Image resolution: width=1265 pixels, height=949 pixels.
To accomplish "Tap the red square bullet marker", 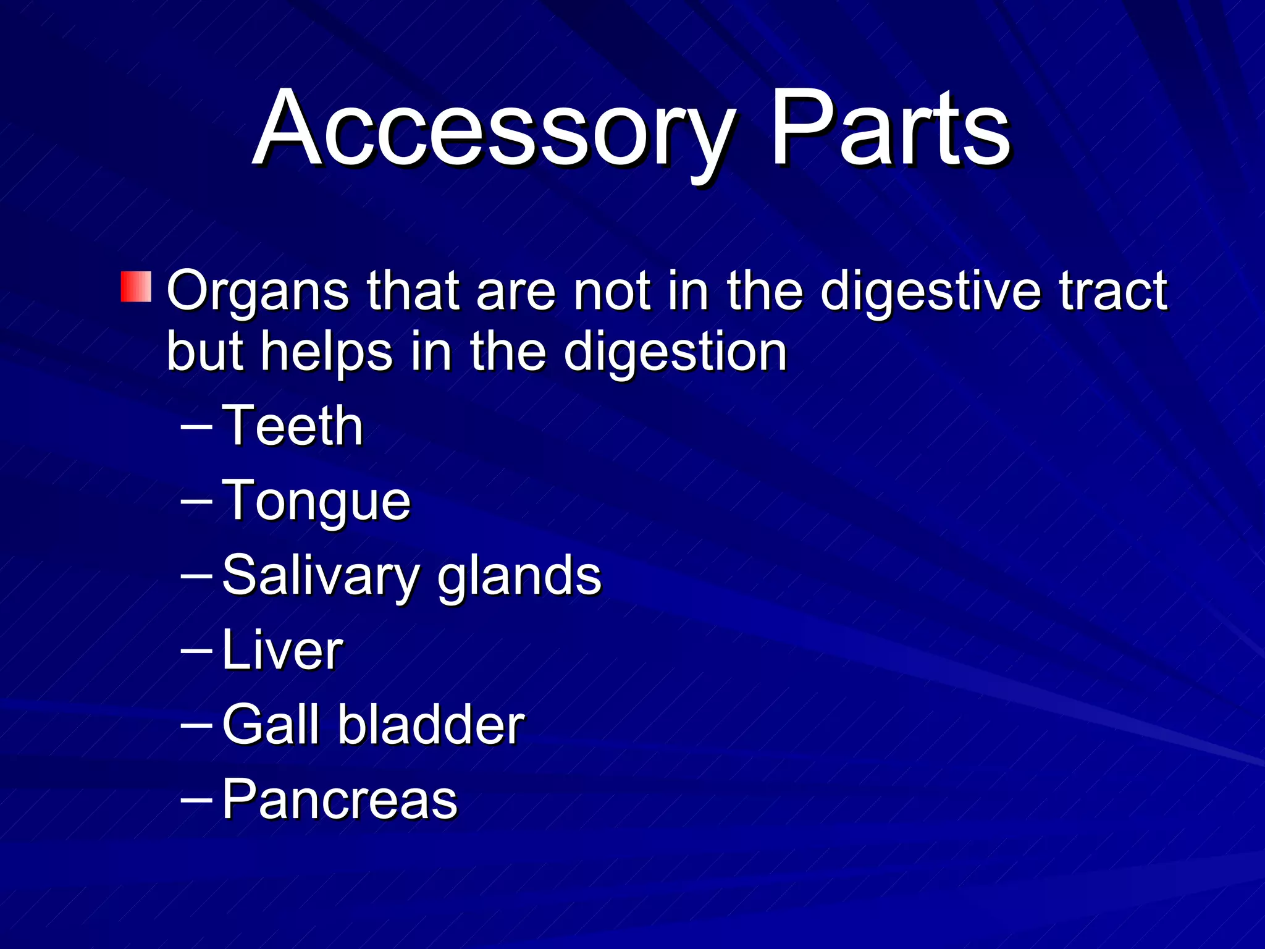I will click(x=136, y=287).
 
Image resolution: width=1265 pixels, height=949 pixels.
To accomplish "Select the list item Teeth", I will click(x=292, y=426).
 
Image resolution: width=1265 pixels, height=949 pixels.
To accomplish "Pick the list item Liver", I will click(x=282, y=650).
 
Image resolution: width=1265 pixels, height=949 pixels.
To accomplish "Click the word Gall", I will click(x=271, y=724).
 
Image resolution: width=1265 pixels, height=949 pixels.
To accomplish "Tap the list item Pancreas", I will click(x=339, y=799).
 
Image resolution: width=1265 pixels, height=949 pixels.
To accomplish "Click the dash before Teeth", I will click(x=196, y=427).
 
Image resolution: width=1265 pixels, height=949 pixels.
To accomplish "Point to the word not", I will click(x=611, y=290).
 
